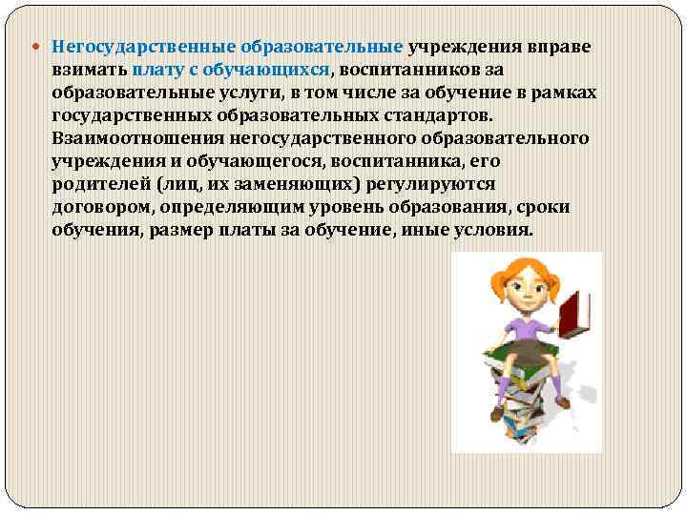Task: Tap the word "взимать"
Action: click(91, 70)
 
